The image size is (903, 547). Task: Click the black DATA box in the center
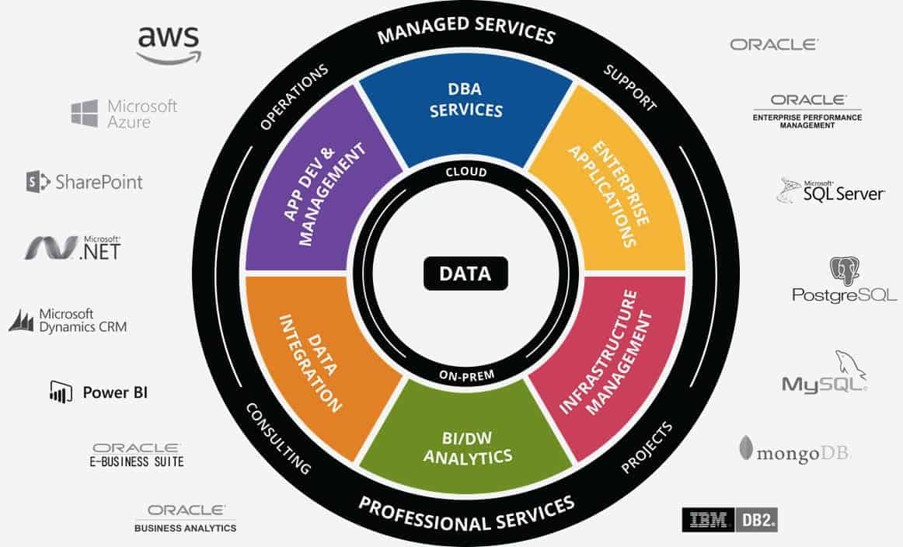click(465, 273)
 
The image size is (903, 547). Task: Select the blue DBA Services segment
click(466, 113)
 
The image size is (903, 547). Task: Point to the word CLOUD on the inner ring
click(466, 172)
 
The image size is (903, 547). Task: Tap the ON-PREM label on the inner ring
click(466, 375)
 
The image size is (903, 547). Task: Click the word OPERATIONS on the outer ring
click(294, 96)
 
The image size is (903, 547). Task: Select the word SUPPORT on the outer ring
click(629, 87)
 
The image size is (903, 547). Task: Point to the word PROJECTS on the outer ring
click(646, 448)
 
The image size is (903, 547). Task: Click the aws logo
click(169, 44)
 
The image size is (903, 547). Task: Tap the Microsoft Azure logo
click(124, 113)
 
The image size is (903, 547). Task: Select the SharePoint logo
click(85, 182)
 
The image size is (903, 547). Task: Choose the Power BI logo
click(99, 392)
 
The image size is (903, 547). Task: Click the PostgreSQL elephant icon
click(845, 270)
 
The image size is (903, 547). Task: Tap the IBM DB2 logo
click(730, 519)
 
